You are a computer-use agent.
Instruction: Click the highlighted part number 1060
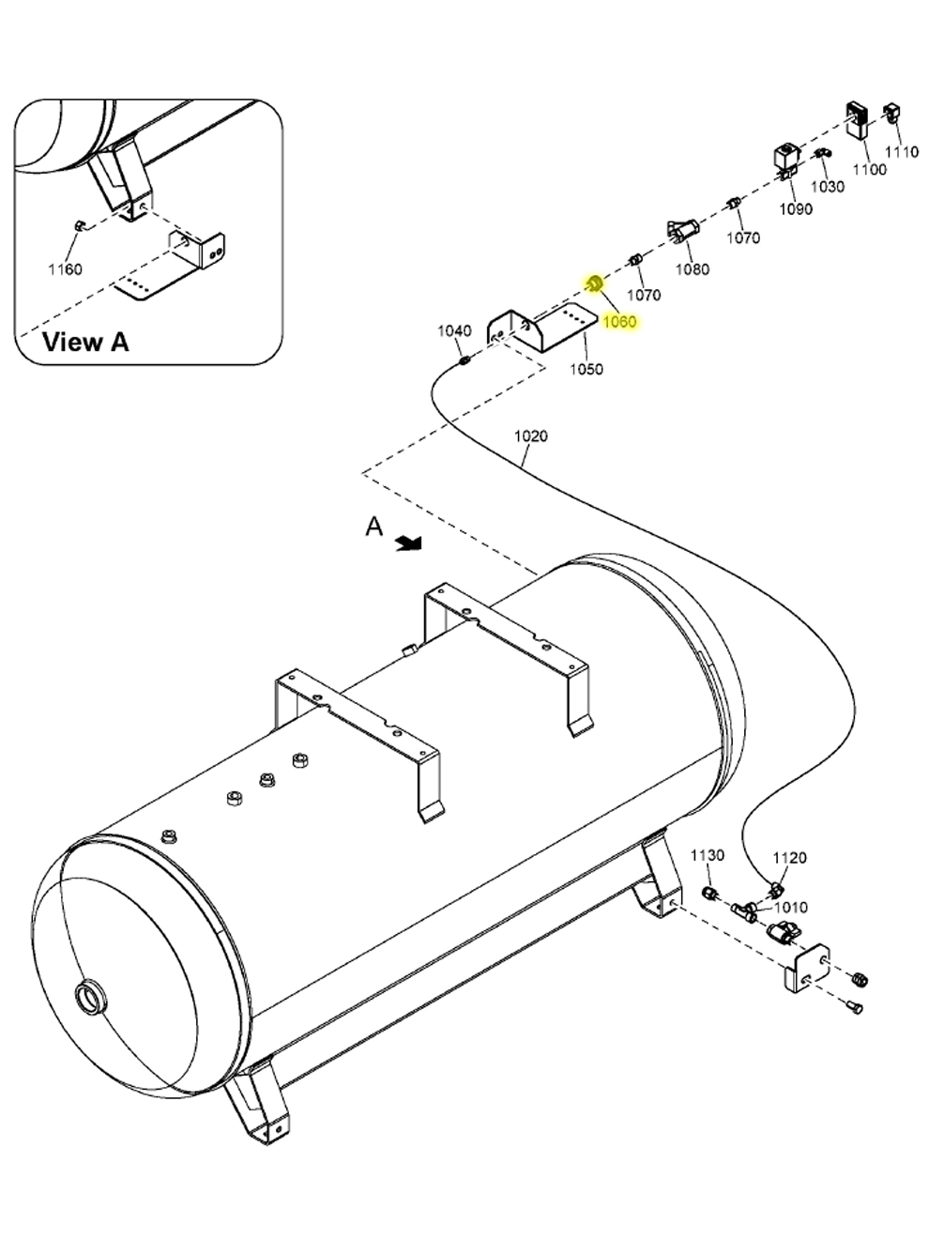619,322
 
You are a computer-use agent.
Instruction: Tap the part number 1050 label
586,369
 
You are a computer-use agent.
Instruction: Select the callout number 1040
454,330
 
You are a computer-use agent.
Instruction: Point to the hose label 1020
531,436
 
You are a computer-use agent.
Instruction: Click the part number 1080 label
693,269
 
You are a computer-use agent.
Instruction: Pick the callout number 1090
796,209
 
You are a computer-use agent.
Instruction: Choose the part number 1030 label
828,186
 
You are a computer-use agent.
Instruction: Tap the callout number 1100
869,169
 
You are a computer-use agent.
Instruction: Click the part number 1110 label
902,151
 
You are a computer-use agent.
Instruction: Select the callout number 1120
789,857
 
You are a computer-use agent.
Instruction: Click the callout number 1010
791,908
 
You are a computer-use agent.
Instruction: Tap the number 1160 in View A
66,269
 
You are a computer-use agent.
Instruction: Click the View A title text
85,342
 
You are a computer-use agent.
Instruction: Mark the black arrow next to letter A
408,543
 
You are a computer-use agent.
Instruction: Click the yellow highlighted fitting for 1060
594,283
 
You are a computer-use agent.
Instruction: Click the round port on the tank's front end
91,995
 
